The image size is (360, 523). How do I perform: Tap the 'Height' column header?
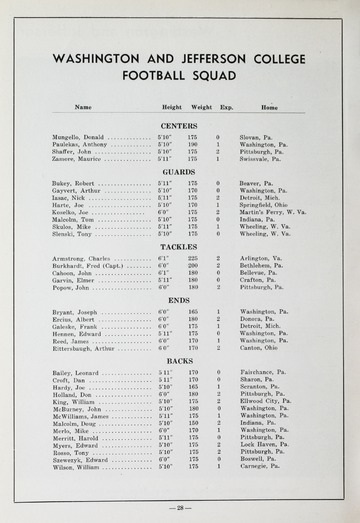click(x=172, y=107)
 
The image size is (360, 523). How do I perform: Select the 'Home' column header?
click(x=269, y=107)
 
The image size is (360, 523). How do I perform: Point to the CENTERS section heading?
click(x=179, y=125)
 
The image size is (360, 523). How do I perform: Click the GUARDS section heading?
click(x=179, y=172)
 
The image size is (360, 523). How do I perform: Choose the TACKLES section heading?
click(x=179, y=246)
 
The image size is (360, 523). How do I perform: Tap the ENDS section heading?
click(x=179, y=299)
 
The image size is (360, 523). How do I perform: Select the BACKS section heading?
click(x=179, y=360)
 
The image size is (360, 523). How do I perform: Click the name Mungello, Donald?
click(x=79, y=136)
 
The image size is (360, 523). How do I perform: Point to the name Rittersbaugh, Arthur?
click(x=88, y=348)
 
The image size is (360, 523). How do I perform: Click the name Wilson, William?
click(x=77, y=466)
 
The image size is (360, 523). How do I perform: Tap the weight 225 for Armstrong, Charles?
click(x=193, y=258)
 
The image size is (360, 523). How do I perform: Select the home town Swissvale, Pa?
click(x=264, y=159)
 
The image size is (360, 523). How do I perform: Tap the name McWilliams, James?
click(x=83, y=415)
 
